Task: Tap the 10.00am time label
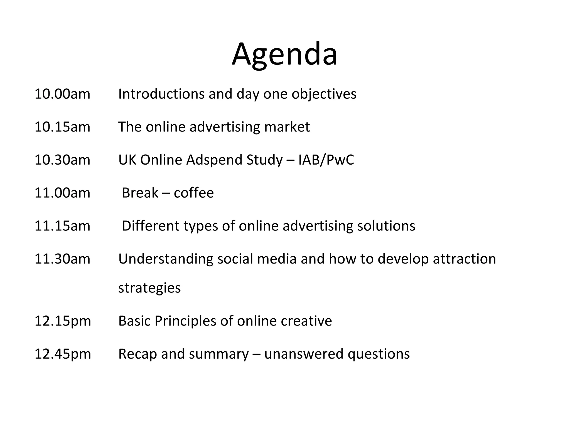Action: [62, 94]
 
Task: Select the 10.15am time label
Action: [62, 127]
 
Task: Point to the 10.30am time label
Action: [62, 160]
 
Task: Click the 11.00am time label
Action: [62, 193]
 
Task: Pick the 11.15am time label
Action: [62, 226]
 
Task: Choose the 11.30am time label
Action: [62, 259]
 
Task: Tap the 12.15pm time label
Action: [63, 321]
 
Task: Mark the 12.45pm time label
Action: [63, 354]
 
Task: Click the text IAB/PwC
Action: [326, 160]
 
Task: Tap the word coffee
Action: [194, 193]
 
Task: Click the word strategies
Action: [149, 288]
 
